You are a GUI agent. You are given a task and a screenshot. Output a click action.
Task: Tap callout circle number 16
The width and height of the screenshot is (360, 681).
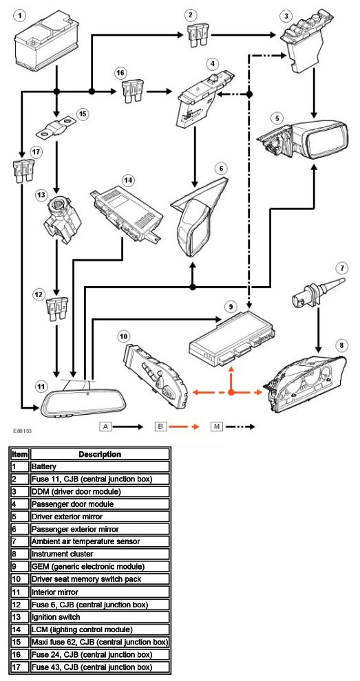(x=121, y=73)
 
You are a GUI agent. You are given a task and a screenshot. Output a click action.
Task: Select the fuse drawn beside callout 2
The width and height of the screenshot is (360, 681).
(x=198, y=34)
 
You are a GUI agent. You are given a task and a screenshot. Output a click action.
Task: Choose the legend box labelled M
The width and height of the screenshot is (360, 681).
(x=217, y=426)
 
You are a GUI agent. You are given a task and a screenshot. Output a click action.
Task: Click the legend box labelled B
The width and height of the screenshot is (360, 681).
(x=161, y=426)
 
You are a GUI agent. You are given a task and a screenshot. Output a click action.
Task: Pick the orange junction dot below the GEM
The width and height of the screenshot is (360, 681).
(x=231, y=392)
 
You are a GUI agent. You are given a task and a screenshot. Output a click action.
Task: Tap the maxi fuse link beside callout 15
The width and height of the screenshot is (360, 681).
(x=55, y=127)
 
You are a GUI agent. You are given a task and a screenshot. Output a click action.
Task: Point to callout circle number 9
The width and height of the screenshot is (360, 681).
(x=231, y=307)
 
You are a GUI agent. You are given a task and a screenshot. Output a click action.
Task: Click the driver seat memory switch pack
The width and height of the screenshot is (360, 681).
(x=156, y=374)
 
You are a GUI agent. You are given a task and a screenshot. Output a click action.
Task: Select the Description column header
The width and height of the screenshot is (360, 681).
(x=100, y=454)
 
